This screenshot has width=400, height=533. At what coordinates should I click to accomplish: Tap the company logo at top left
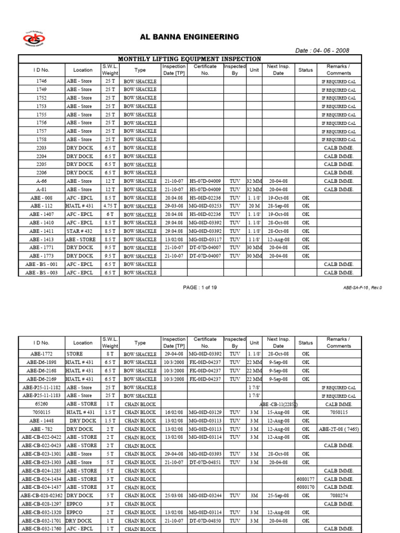click(x=35, y=39)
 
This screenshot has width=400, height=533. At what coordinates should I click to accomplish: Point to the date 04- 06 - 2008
click(x=322, y=50)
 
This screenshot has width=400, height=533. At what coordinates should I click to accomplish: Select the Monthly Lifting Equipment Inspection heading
click(x=190, y=59)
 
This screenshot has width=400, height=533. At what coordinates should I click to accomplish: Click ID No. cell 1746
click(x=42, y=81)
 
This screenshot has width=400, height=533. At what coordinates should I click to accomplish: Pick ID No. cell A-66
click(x=42, y=181)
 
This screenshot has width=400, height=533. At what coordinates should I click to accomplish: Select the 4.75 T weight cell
click(x=110, y=206)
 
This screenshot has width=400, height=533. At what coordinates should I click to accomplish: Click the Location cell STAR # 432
click(x=79, y=231)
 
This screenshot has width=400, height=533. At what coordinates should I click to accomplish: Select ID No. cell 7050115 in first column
click(x=42, y=412)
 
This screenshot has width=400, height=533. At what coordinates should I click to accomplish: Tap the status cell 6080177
click(x=306, y=479)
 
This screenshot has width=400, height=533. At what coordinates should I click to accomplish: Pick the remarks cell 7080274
click(x=339, y=496)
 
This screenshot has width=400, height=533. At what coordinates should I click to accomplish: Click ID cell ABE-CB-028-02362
click(x=42, y=496)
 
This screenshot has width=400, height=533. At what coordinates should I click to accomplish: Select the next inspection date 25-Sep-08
click(x=278, y=496)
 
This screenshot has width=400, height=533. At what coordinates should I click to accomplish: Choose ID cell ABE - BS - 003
click(x=42, y=273)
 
